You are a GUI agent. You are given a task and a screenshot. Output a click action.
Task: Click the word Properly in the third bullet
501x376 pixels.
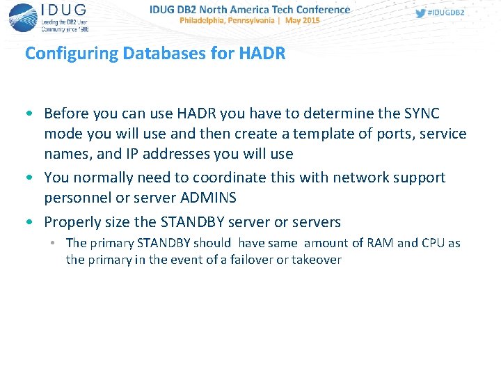pyautogui.click(x=73, y=223)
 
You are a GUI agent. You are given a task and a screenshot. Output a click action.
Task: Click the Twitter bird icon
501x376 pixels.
pyautogui.click(x=420, y=13)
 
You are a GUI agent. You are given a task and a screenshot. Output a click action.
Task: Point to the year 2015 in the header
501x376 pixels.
pyautogui.click(x=310, y=21)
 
